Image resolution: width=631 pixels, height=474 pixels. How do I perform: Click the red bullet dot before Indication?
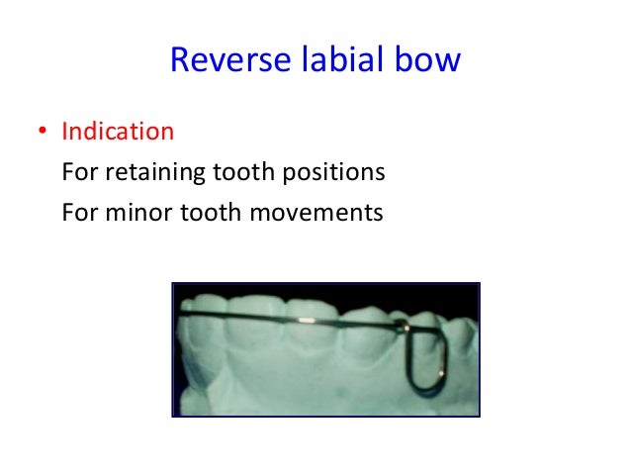(43, 132)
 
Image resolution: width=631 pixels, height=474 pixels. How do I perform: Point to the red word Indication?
(118, 131)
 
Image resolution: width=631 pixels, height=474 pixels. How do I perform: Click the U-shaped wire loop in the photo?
(425, 356)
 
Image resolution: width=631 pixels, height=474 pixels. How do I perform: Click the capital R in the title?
(180, 60)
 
